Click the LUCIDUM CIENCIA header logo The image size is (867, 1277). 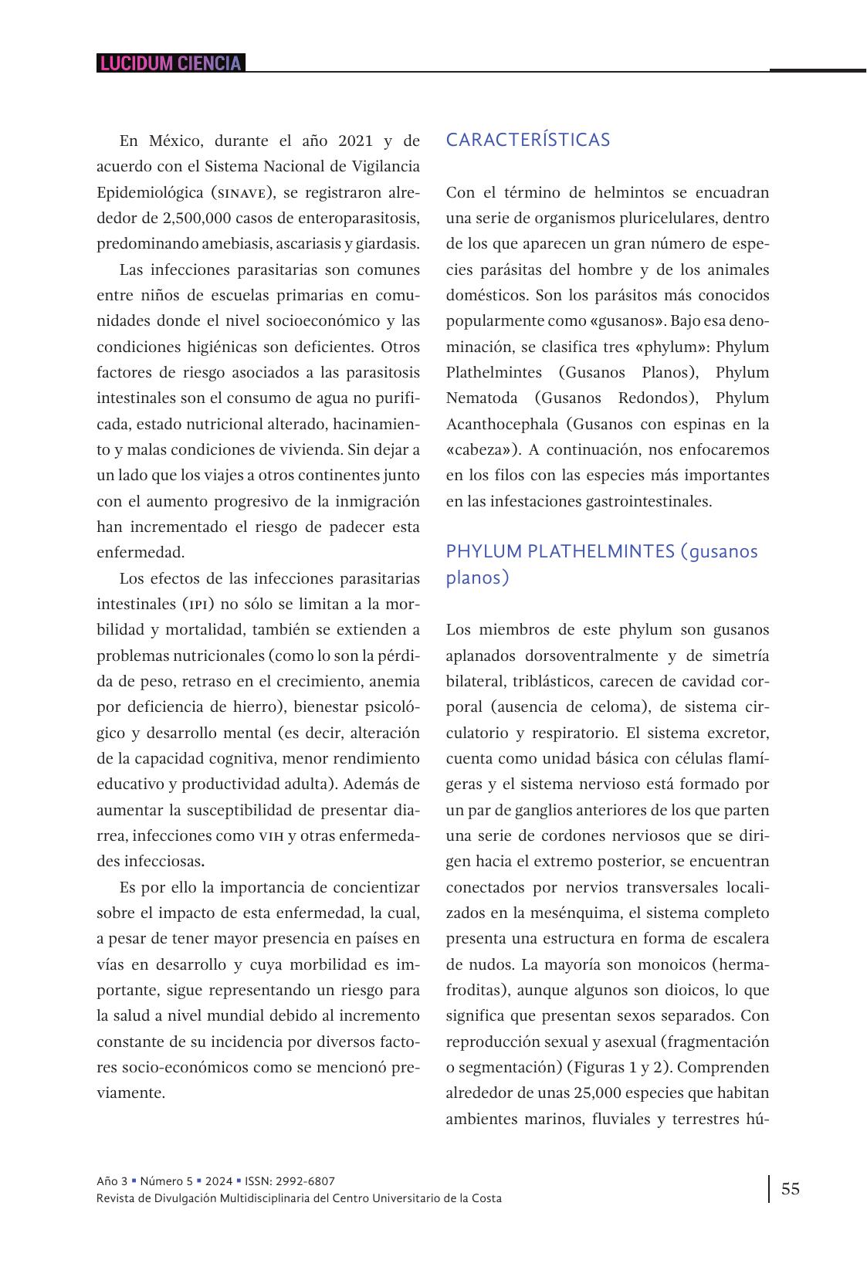[x=171, y=63]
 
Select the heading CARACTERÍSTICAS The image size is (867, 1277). [x=528, y=140]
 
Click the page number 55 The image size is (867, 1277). [x=791, y=1188]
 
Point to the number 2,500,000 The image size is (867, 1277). [x=197, y=218]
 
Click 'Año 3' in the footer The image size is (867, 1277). [x=112, y=1181]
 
